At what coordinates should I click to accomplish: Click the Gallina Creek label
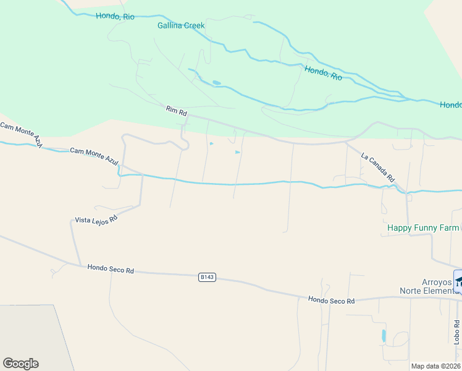coord(181,26)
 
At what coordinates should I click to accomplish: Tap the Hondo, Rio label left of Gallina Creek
coord(115,17)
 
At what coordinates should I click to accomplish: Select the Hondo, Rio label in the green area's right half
coord(323,73)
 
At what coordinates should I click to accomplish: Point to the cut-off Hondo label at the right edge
coord(450,105)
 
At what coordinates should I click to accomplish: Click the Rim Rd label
coord(176,111)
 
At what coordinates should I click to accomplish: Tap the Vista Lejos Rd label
coord(96,220)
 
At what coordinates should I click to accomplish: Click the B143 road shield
coord(207,278)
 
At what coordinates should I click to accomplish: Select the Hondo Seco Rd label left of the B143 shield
coord(111,269)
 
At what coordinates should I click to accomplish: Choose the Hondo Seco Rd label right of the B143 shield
coord(332,301)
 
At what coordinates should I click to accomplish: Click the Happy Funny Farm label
coord(423,228)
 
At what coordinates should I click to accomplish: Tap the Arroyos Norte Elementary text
coord(427,286)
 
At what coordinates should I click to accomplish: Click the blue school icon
coord(458,281)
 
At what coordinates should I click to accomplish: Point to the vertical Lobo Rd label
coord(456,331)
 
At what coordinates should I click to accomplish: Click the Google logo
coord(20,364)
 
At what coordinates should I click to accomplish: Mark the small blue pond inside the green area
coord(216,82)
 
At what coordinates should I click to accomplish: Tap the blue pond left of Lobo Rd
coord(384,336)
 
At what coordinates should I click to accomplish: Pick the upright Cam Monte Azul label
coord(94,155)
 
